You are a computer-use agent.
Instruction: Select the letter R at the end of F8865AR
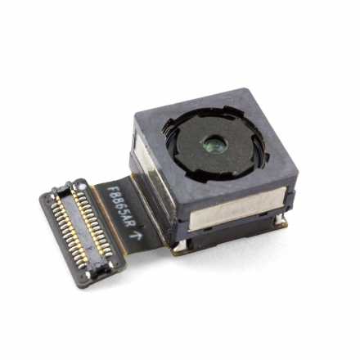132,223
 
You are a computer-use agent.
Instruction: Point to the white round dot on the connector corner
82,187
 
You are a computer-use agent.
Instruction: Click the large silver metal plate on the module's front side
237,209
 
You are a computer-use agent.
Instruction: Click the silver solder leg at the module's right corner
280,220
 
